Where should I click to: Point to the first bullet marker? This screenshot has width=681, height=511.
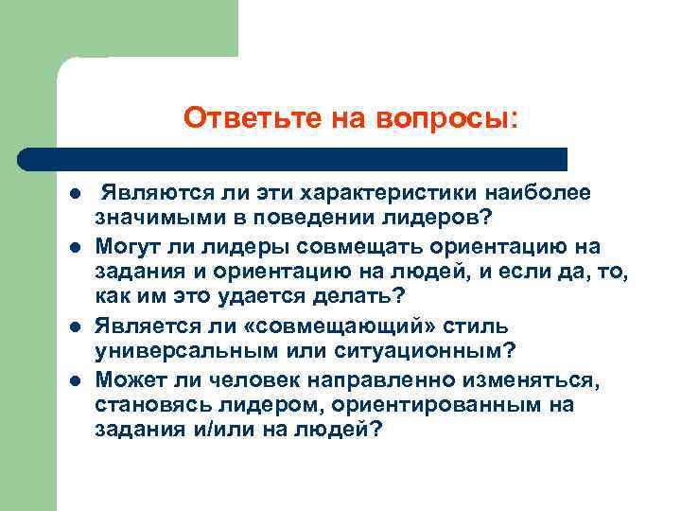(x=75, y=196)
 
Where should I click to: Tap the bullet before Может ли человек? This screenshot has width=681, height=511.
(x=75, y=381)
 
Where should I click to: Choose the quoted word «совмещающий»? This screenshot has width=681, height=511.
(x=328, y=325)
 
